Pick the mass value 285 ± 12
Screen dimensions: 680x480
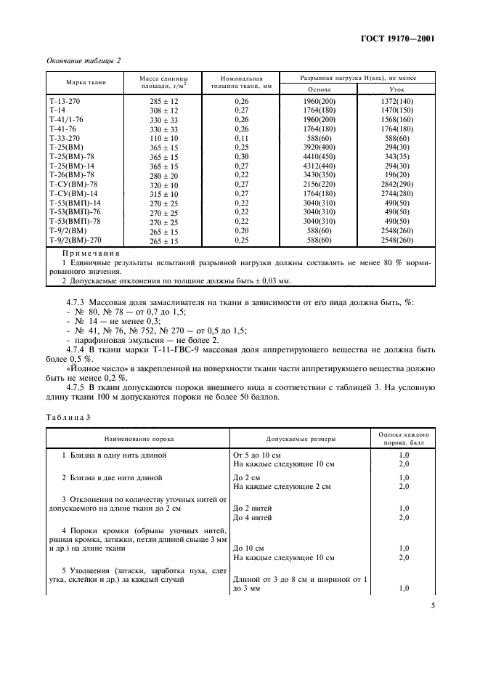click(x=163, y=101)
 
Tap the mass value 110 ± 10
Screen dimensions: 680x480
click(x=163, y=138)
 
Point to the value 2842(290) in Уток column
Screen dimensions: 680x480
click(x=395, y=185)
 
